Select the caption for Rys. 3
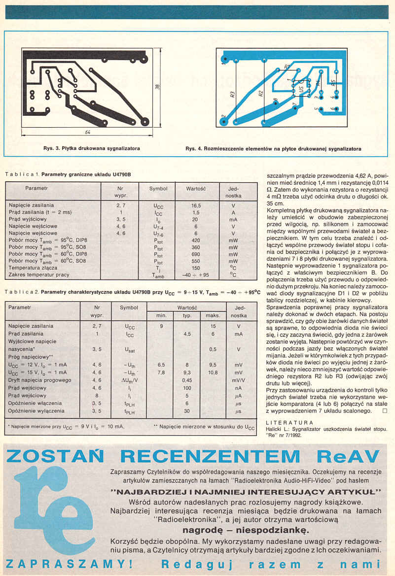pyautogui.click(x=91, y=148)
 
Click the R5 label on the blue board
pyautogui.click(x=334, y=84)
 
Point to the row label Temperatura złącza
pyautogui.click(x=33, y=268)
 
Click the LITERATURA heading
pyautogui.click(x=289, y=422)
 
